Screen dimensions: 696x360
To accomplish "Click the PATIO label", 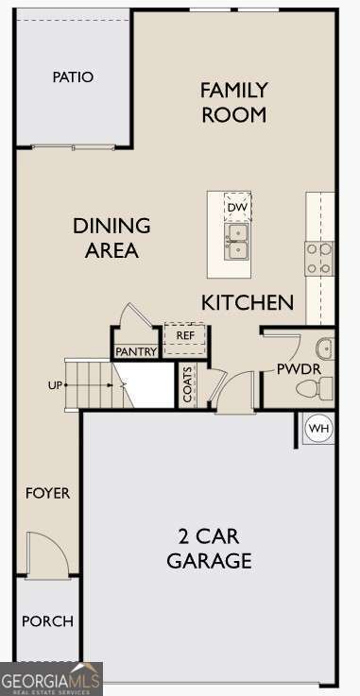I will (73, 77).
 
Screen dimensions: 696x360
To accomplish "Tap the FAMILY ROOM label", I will (233, 102).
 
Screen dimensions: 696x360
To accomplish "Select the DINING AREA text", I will (111, 238).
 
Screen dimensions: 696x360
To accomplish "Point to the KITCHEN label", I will (248, 302).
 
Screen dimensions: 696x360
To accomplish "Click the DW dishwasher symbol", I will (237, 207).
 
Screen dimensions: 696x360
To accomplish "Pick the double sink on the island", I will (237, 241).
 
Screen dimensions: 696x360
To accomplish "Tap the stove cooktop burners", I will (318, 258).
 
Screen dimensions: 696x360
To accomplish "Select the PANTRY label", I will (136, 351).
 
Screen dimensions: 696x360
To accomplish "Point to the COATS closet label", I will (187, 384).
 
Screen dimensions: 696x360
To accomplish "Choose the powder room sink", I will (324, 348).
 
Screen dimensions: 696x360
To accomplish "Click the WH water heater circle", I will (319, 428).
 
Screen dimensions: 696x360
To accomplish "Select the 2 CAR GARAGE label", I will (209, 549).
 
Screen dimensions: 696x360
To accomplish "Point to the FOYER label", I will (47, 493).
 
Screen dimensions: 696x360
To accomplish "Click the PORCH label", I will (47, 621).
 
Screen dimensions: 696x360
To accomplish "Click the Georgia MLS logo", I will (51, 680).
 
